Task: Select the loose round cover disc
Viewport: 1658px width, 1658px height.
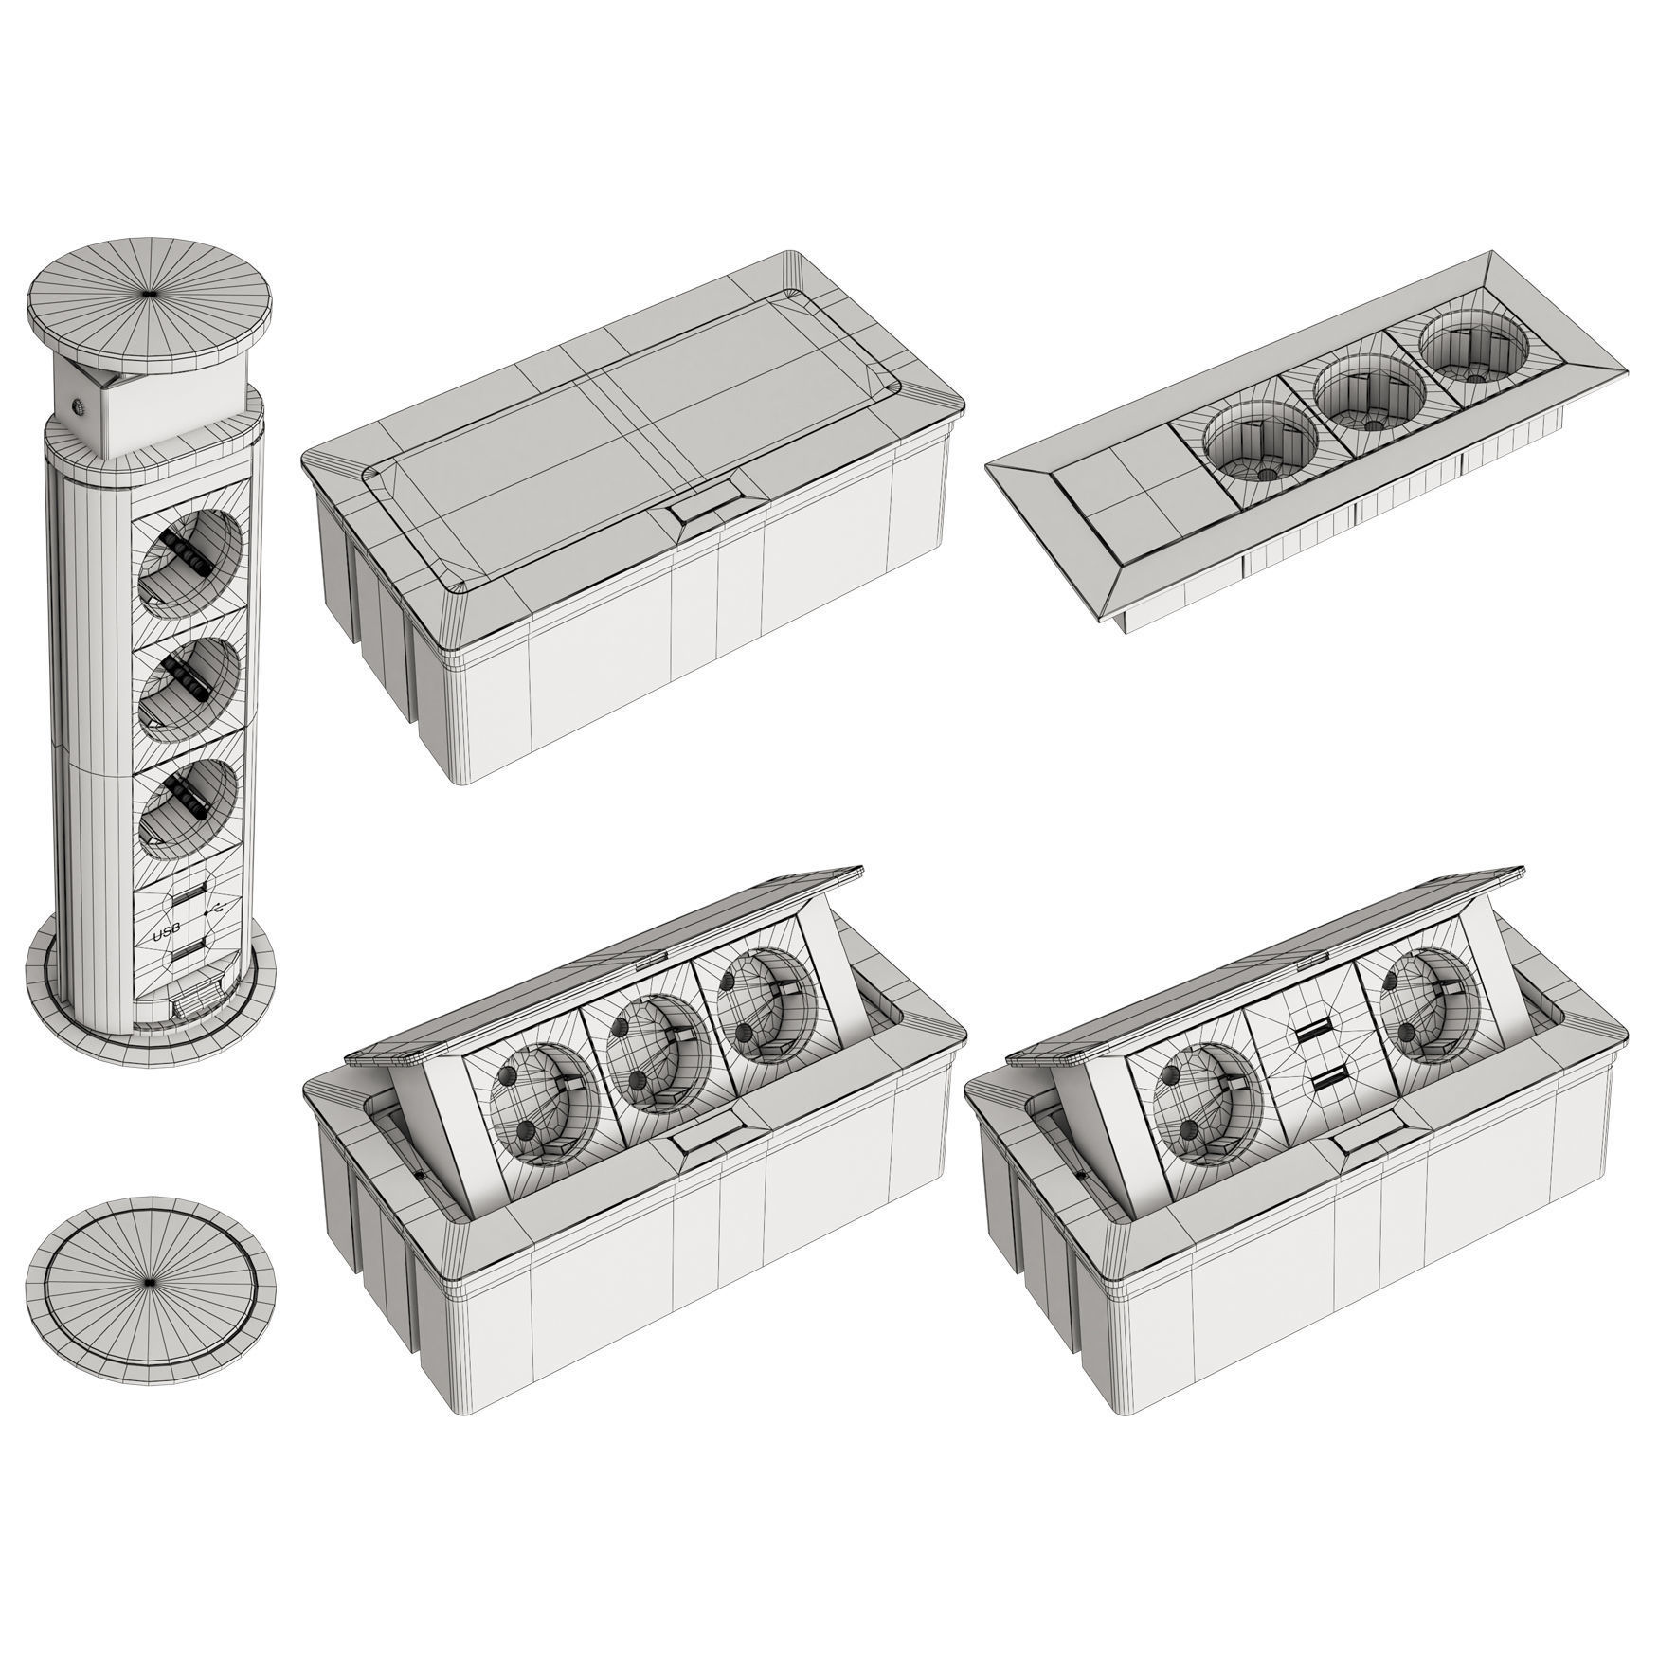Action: click(151, 1281)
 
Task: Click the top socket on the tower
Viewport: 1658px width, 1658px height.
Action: click(189, 554)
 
